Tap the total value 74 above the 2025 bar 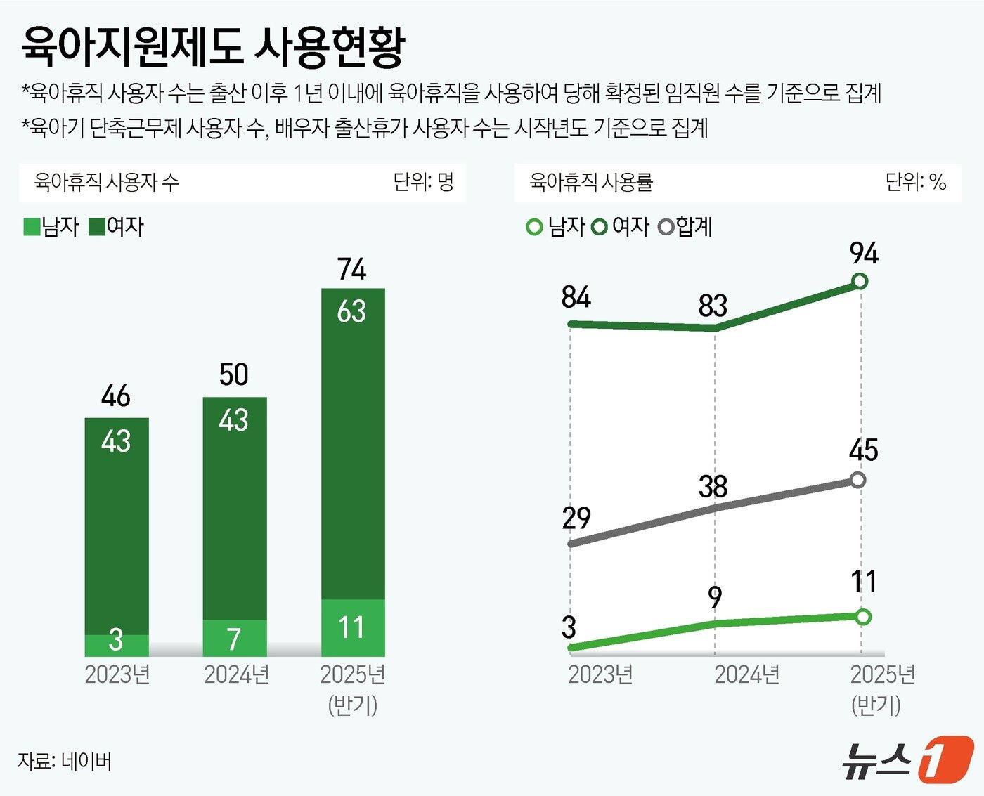pyautogui.click(x=351, y=269)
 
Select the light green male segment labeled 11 pyautogui.click(x=353, y=627)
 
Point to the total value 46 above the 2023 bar pyautogui.click(x=116, y=396)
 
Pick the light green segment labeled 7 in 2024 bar pyautogui.click(x=235, y=638)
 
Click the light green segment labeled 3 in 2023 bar pyautogui.click(x=117, y=644)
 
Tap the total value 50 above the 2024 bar pyautogui.click(x=233, y=374)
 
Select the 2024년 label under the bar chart pyautogui.click(x=237, y=674)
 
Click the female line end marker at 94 pyautogui.click(x=859, y=282)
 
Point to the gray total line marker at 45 pyautogui.click(x=857, y=481)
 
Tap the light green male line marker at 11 pyautogui.click(x=864, y=617)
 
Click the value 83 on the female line pyautogui.click(x=713, y=306)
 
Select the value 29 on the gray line pyautogui.click(x=576, y=518)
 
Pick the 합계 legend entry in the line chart pyautogui.click(x=686, y=226)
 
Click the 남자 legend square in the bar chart pyautogui.click(x=32, y=227)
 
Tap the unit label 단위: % pyautogui.click(x=915, y=182)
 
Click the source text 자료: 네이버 pyautogui.click(x=64, y=761)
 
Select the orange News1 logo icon pyautogui.click(x=946, y=759)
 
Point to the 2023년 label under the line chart pyautogui.click(x=600, y=674)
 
